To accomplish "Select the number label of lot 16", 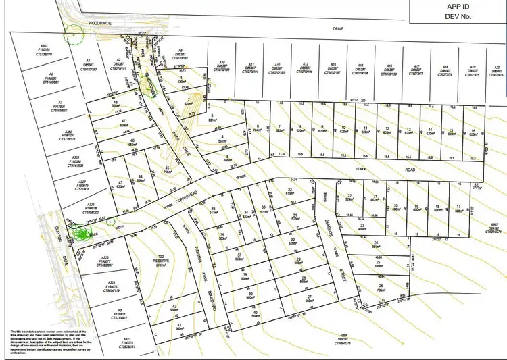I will [x=474, y=130].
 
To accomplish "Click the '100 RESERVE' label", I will [x=161, y=259].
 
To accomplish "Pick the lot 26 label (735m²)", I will [x=381, y=286].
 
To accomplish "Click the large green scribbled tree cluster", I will [x=81, y=233].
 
